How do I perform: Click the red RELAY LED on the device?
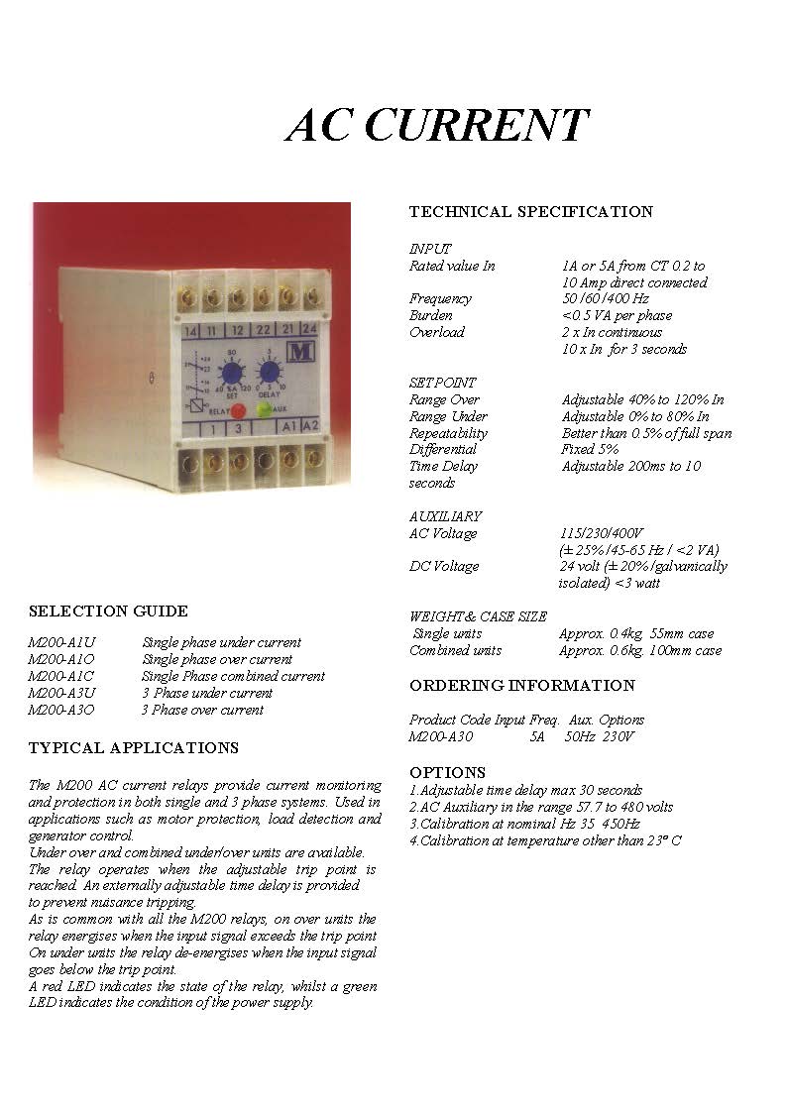click(239, 409)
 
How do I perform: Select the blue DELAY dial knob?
click(269, 372)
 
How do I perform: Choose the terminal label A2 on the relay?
click(310, 426)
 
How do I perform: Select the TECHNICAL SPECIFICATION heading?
click(530, 212)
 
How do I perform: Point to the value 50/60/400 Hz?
click(605, 298)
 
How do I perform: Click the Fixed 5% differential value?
click(590, 449)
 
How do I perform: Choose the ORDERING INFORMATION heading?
click(521, 686)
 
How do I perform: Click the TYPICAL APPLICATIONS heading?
click(133, 748)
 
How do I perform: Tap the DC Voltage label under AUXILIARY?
click(443, 567)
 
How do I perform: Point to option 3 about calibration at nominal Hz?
click(524, 824)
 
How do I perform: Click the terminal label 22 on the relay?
click(262, 330)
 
